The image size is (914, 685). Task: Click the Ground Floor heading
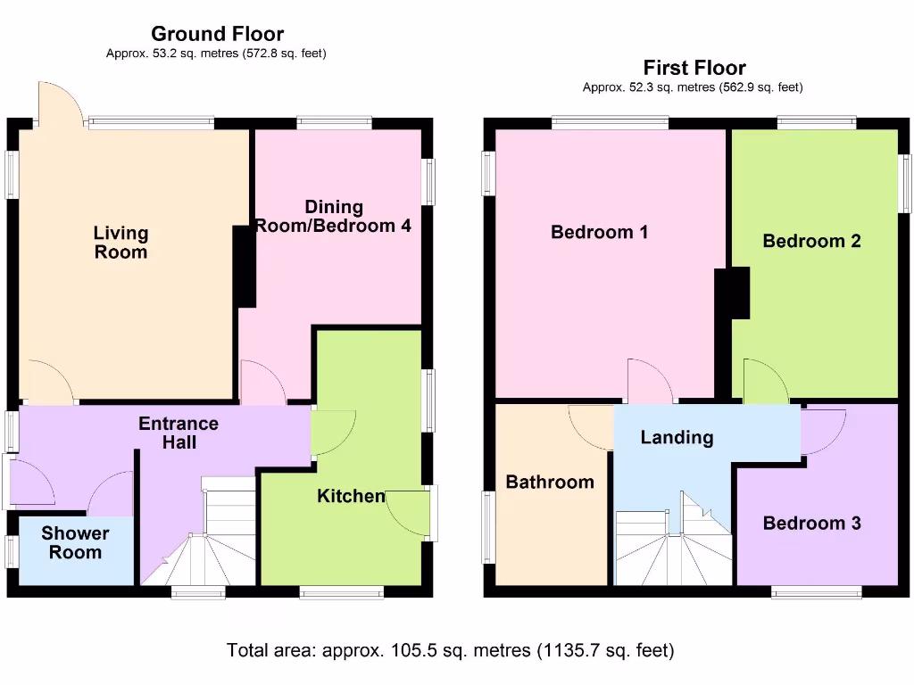pos(217,34)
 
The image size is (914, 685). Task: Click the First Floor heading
pos(694,68)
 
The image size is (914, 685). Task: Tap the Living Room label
pos(120,243)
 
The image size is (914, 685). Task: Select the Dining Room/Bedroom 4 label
pos(333,217)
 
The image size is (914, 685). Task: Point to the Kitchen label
pos(351,496)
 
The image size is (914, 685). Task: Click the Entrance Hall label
pos(179,433)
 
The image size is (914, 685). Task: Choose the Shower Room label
pos(75,542)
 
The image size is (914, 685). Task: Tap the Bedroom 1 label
pos(599,233)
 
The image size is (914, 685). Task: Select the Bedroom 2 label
pos(811,241)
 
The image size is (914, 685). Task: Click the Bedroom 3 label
pos(811,523)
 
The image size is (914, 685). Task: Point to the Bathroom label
pos(549,483)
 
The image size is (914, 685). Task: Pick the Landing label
pos(677,437)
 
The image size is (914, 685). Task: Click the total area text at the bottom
pos(450,650)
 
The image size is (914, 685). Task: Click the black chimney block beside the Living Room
pos(244,267)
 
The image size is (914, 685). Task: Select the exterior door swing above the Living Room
pos(58,103)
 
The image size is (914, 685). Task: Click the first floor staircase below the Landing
pos(674,544)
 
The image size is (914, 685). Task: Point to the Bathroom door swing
pos(590,426)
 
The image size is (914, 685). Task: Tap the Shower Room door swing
pos(111,495)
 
